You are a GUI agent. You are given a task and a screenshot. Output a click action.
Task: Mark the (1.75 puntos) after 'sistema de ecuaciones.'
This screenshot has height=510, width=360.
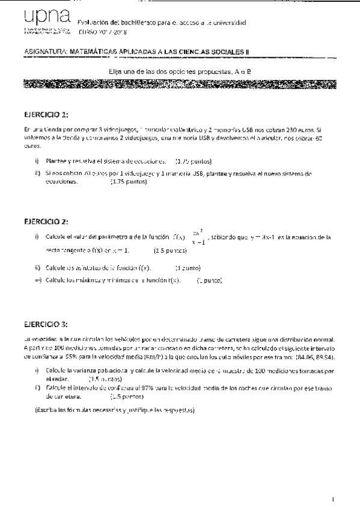193,161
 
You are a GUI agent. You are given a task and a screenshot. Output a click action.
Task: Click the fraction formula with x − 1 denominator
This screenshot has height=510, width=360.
199,238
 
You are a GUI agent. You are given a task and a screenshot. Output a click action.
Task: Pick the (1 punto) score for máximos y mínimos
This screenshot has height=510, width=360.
209,281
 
